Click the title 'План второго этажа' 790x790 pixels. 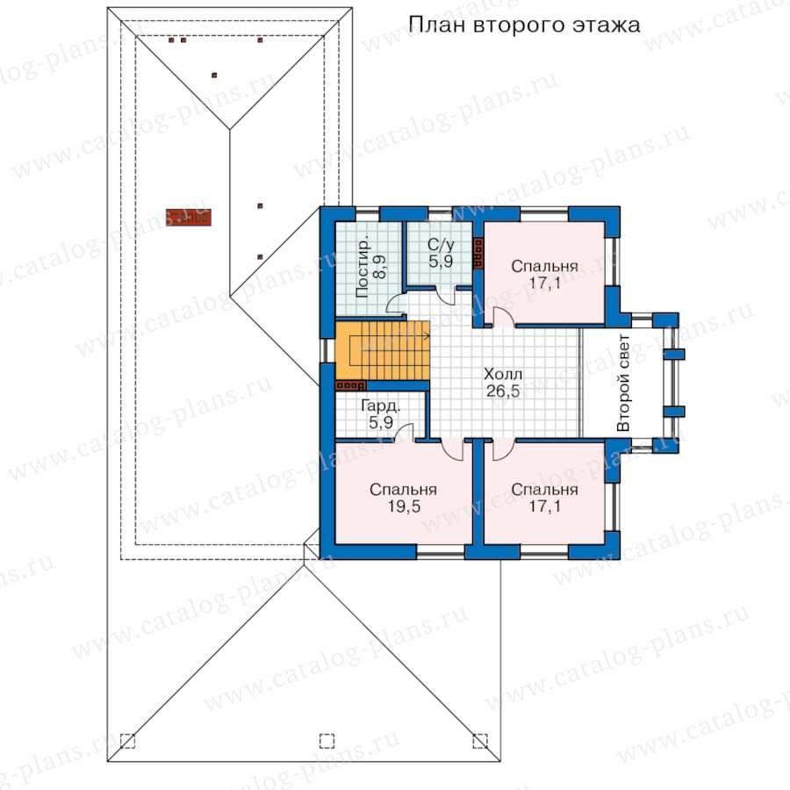point(524,25)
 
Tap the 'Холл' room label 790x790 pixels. point(503,374)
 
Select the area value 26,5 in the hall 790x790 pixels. point(503,391)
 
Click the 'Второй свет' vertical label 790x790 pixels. point(623,383)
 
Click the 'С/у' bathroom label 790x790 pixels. point(441,245)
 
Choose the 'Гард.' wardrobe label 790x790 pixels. point(381,406)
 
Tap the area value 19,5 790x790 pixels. point(404,506)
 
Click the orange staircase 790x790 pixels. point(383,351)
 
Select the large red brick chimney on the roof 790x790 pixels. point(189,218)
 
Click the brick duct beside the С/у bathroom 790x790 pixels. point(478,253)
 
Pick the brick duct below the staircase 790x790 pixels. point(350,386)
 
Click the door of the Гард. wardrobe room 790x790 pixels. point(405,433)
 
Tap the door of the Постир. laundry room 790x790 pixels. point(396,304)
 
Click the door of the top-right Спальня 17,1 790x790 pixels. point(503,317)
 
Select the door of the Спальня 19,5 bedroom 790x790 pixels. point(452,449)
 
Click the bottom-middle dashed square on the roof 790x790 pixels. point(327,741)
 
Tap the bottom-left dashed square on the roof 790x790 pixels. point(127,741)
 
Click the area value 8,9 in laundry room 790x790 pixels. point(380,266)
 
